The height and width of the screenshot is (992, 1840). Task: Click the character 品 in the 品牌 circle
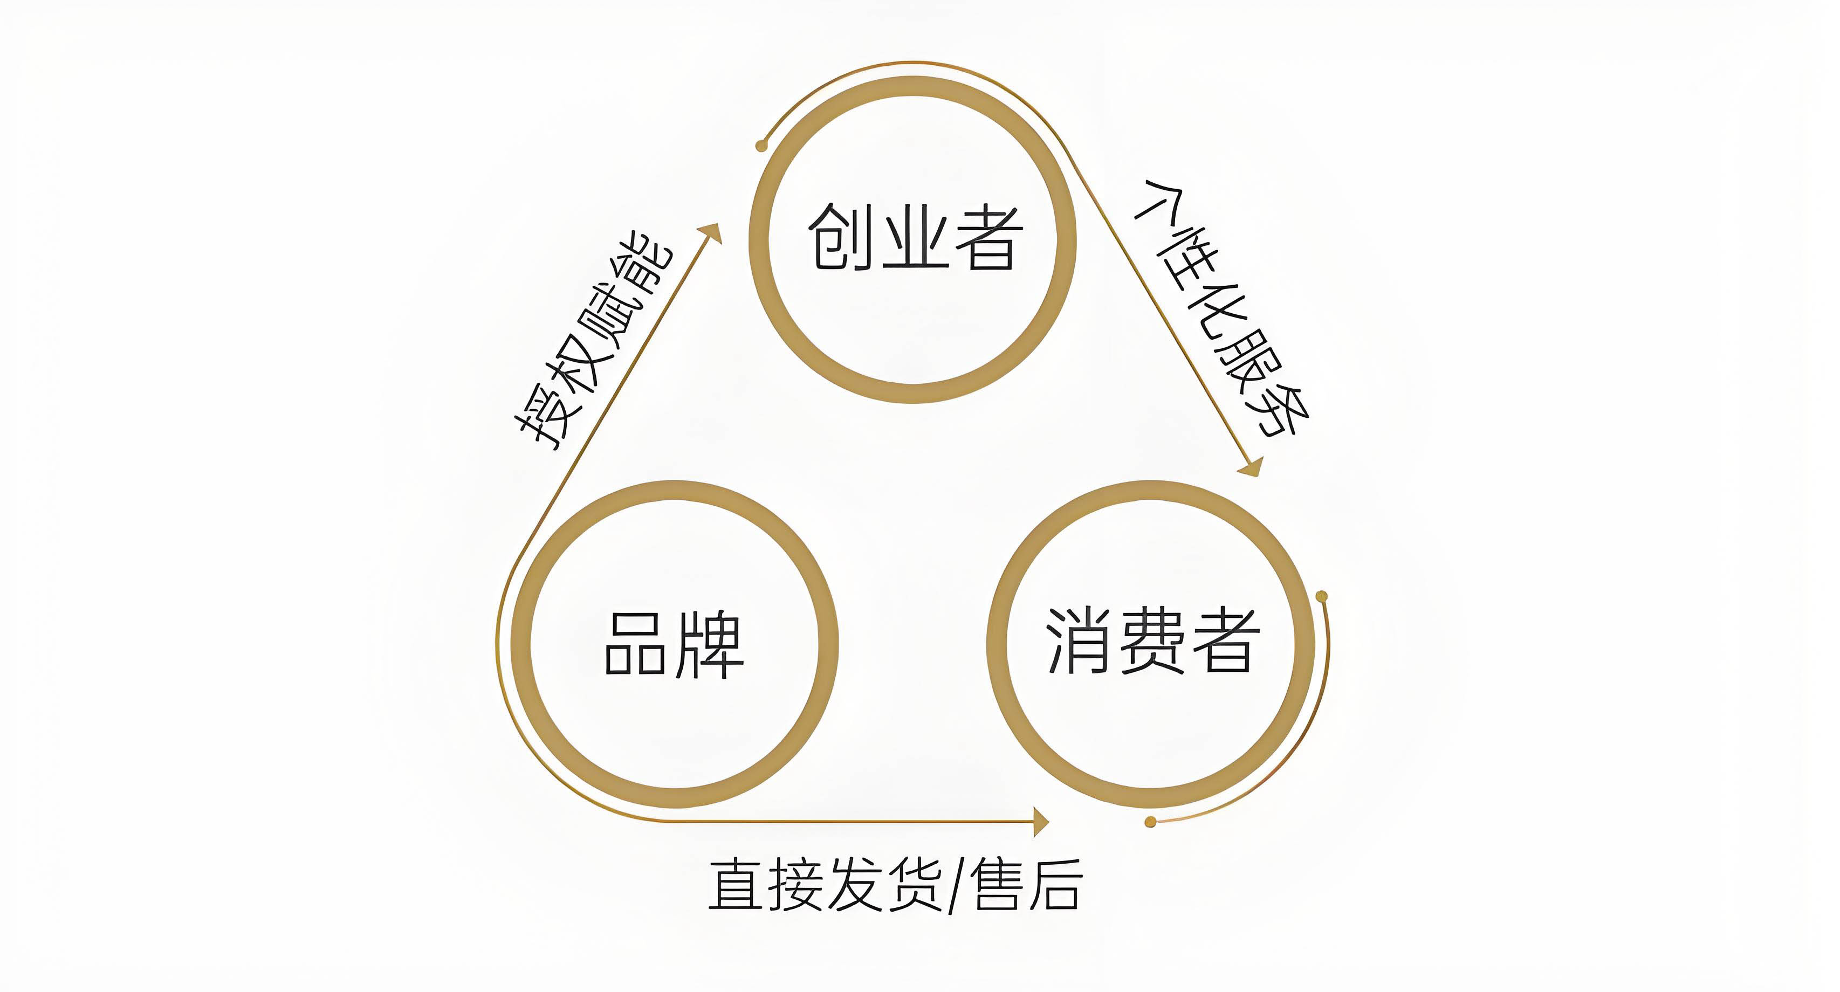(x=636, y=644)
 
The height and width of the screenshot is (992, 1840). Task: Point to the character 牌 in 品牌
(x=709, y=644)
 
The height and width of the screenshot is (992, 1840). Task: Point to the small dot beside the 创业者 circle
(x=761, y=147)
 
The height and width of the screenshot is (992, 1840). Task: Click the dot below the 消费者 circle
(x=1150, y=822)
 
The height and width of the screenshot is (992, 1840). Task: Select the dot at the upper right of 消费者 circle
(x=1321, y=596)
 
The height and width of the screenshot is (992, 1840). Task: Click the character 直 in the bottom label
(x=736, y=886)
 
